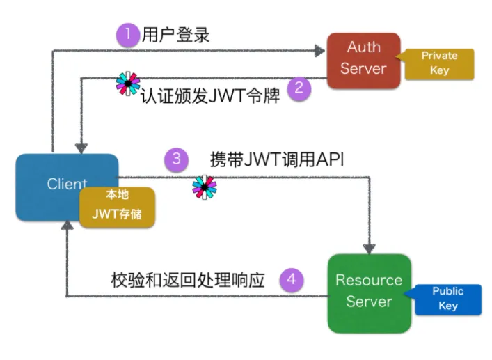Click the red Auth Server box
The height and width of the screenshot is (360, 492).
tap(364, 58)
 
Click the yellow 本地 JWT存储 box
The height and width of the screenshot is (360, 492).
tap(116, 206)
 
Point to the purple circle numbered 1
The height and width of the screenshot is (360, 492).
tap(127, 35)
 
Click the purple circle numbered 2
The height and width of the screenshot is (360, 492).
tap(299, 89)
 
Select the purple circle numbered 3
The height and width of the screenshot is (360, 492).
tap(176, 159)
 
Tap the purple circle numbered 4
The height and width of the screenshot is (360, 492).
tap(292, 280)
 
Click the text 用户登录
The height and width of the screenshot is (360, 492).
tap(175, 35)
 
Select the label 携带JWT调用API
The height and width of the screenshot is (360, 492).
tap(277, 159)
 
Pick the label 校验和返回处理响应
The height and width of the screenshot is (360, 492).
tap(188, 280)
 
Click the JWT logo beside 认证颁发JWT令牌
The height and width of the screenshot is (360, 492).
tap(127, 83)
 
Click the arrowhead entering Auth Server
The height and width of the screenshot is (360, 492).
tap(321, 49)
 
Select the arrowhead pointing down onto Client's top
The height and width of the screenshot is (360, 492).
tap(82, 148)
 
